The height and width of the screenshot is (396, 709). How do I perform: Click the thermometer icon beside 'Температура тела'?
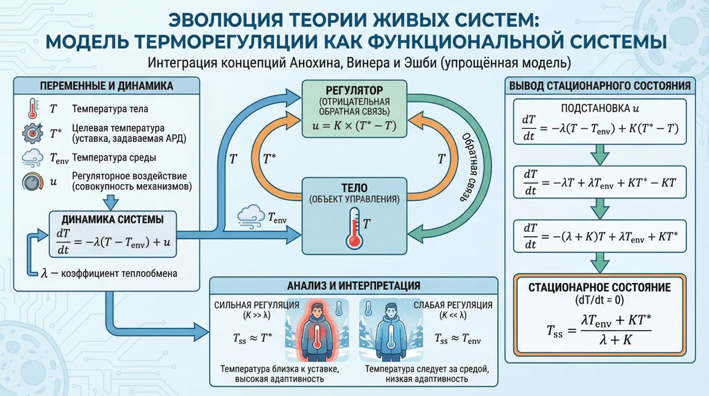(x=32, y=109)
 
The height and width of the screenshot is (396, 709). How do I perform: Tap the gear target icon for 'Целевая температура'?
(x=32, y=133)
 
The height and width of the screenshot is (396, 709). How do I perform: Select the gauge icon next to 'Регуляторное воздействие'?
(x=32, y=182)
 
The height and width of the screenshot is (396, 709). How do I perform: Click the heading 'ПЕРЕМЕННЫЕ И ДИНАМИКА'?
(x=107, y=87)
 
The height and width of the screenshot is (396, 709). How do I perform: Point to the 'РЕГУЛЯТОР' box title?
(x=354, y=90)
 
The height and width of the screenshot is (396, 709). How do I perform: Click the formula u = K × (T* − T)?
(x=354, y=126)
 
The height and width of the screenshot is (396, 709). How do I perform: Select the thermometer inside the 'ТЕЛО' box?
(x=354, y=229)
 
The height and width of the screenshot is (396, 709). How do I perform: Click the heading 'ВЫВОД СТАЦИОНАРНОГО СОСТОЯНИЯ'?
(x=600, y=87)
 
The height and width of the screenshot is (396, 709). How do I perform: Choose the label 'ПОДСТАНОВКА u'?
(x=600, y=109)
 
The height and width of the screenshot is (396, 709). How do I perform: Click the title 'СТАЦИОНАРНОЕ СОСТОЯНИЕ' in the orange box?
(x=600, y=287)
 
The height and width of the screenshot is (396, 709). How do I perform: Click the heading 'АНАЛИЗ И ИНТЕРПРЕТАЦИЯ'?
(x=354, y=285)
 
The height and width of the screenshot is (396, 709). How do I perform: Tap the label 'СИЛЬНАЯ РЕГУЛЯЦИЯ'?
(x=257, y=305)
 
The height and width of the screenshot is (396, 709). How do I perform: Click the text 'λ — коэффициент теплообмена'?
(x=109, y=273)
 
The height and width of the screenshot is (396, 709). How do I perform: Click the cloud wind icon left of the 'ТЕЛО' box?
(x=249, y=216)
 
